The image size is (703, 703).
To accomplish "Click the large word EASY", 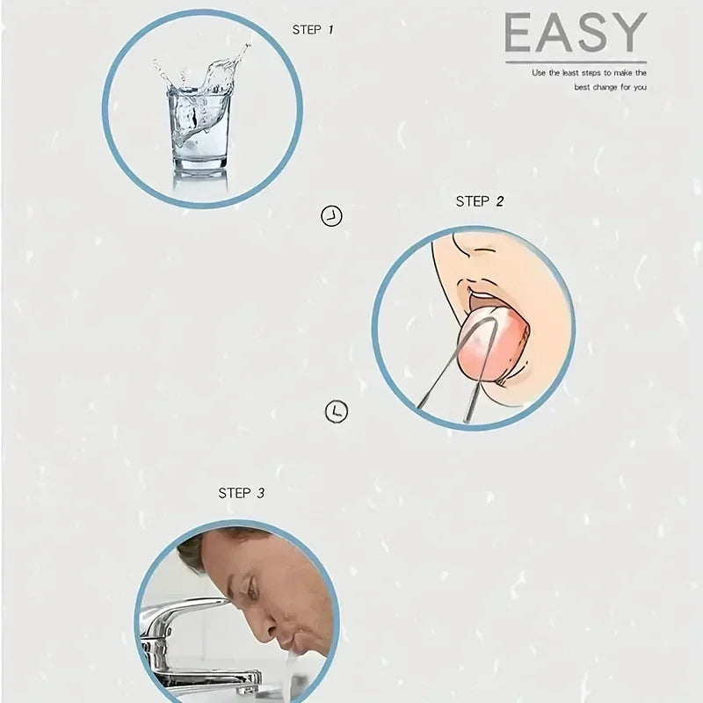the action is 576,33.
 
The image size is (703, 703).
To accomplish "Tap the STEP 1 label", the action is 313,30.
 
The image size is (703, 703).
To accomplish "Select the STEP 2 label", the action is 479,202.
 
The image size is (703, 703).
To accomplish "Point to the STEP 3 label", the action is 241,493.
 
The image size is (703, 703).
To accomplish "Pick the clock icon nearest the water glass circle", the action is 331,216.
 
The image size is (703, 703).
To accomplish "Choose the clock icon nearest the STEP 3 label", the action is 336,411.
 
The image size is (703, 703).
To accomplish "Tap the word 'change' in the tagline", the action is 605,87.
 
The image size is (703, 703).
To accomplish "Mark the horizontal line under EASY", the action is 576,62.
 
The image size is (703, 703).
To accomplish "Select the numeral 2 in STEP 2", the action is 500,202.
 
